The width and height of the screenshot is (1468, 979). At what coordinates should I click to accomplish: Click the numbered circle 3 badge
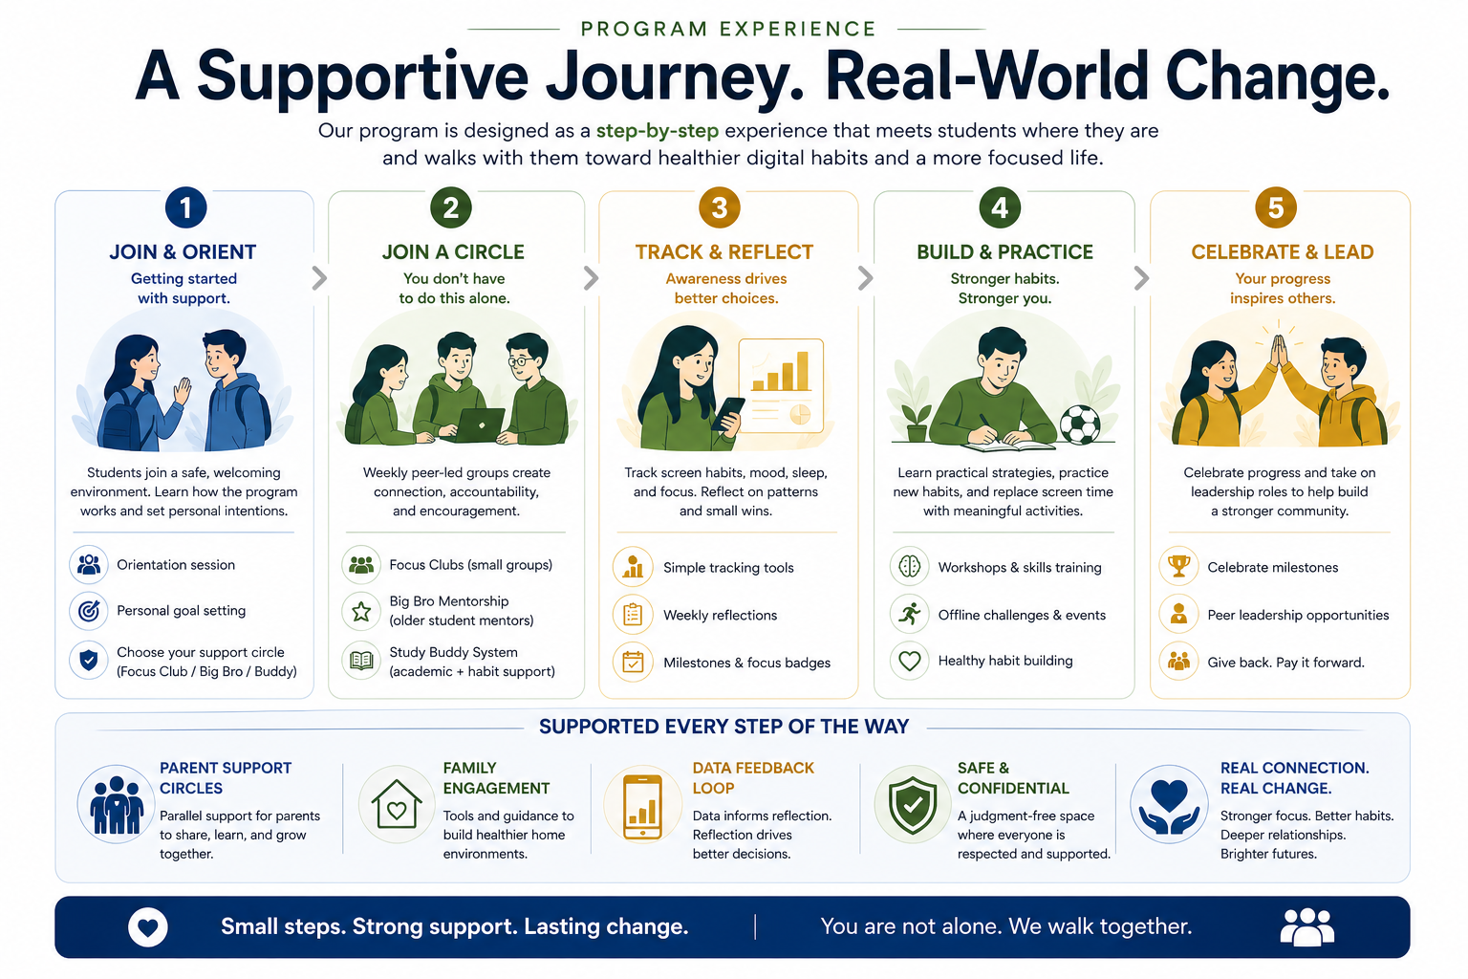pos(720,207)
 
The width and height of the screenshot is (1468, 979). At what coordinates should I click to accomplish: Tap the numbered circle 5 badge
pos(1275,207)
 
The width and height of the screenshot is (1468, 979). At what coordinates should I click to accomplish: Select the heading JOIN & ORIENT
pos(183,252)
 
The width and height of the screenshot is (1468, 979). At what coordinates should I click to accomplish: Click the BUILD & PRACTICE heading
pos(1004,252)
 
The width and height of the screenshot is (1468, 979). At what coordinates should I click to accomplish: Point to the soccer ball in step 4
pos(1079,424)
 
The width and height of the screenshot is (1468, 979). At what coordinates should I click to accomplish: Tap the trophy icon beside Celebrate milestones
pos(1178,566)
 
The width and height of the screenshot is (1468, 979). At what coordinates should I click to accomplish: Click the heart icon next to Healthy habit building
pos(910,661)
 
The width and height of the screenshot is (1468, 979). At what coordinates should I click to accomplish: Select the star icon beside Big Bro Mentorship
pos(361,611)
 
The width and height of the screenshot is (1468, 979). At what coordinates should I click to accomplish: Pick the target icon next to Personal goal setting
pos(89,610)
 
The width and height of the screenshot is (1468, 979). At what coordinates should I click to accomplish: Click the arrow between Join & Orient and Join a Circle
pos(320,278)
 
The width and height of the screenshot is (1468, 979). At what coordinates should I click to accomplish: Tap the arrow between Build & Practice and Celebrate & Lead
pos(1141,278)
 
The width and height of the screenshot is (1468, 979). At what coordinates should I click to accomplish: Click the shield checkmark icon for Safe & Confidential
pos(913,805)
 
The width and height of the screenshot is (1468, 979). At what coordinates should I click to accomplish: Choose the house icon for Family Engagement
pos(397,804)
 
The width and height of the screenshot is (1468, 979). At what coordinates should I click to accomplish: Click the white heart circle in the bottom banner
pos(148,926)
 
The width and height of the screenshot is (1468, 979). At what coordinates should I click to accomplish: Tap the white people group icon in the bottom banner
pos(1306,926)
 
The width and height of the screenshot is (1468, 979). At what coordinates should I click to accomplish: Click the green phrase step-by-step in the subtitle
pos(658,131)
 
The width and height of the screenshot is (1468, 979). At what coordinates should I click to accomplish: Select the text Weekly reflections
pos(720,616)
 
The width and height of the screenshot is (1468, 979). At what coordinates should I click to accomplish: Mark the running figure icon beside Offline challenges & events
pos(910,614)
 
